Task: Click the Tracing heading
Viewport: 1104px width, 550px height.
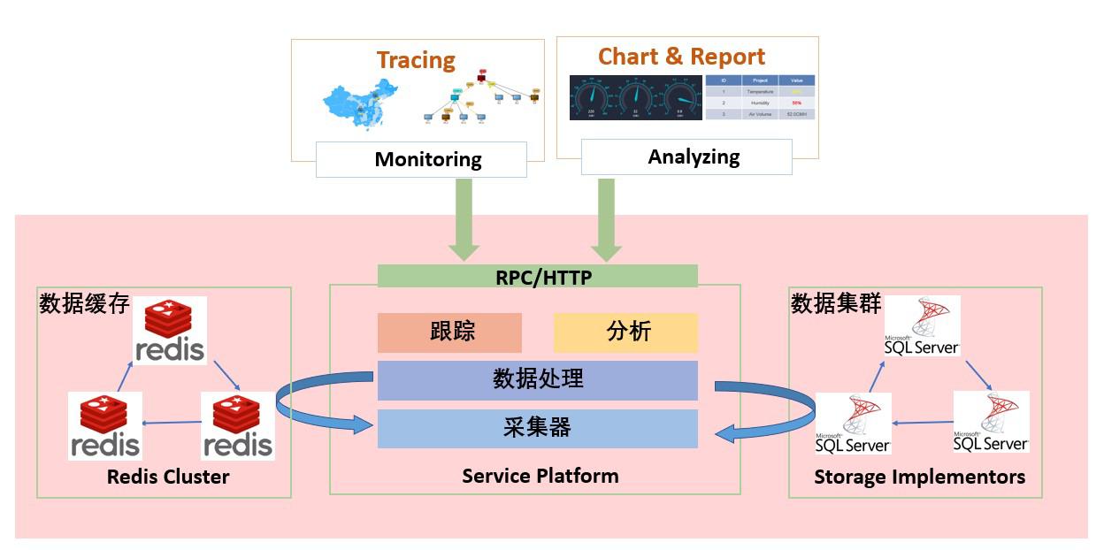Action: pos(416,60)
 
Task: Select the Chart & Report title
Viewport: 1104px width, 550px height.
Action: pos(681,57)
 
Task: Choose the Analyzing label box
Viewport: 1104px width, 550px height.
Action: pos(686,157)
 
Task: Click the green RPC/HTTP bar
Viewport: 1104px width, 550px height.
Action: pos(538,277)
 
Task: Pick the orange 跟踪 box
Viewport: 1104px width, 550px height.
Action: pos(449,332)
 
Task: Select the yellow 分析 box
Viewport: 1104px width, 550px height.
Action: pos(625,332)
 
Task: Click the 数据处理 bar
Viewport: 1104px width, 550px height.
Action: pos(538,380)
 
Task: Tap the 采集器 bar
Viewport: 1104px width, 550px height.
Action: pos(538,428)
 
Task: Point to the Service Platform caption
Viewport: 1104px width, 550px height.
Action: pos(540,476)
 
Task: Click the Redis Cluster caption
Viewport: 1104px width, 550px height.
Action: pos(168,477)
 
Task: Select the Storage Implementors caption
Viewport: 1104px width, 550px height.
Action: pos(919,477)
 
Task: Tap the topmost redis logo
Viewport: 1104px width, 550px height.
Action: pos(171,330)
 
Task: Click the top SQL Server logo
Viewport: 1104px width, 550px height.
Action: pos(922,326)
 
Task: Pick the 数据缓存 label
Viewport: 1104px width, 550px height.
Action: pos(85,304)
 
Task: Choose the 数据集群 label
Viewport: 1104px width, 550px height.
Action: pos(836,303)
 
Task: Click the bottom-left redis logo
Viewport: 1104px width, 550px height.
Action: pos(104,425)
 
